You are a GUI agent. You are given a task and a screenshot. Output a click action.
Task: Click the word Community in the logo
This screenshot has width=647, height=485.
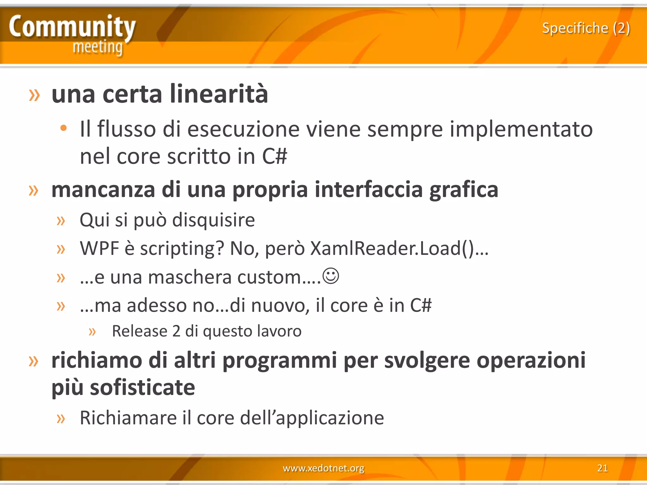(72, 27)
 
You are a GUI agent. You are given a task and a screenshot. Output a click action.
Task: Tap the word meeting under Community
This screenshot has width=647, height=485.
(97, 47)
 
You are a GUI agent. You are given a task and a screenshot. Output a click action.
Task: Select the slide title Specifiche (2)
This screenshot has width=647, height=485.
(586, 28)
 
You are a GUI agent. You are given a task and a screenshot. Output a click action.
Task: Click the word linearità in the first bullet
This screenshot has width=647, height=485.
(219, 94)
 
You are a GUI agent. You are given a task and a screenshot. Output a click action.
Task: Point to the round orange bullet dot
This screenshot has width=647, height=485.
(63, 128)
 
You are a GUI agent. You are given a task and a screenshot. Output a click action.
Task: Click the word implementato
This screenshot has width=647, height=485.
(521, 129)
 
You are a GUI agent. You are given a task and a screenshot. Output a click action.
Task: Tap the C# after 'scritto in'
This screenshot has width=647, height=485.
(275, 157)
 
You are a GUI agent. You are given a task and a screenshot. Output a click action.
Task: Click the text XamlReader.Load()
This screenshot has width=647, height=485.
(392, 248)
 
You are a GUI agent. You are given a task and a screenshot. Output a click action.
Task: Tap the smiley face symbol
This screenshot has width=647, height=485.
(331, 276)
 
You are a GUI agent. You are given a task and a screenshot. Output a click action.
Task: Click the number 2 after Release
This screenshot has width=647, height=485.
(176, 331)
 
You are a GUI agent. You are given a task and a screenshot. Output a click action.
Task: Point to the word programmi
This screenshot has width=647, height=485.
(280, 361)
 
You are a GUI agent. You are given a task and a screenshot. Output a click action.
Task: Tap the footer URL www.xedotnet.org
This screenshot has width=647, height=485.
(323, 468)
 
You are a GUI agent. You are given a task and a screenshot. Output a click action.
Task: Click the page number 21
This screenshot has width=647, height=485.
(602, 468)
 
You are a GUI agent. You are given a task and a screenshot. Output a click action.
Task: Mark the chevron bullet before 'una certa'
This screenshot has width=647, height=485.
(34, 95)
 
